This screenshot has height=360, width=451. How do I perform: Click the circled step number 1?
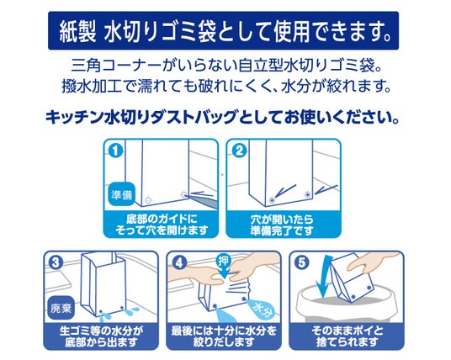115,150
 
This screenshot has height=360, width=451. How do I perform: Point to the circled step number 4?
179,262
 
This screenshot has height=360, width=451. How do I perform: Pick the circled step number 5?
302,262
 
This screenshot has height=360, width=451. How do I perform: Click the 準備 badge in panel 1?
121,194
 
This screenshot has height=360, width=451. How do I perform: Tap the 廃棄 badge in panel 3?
61,308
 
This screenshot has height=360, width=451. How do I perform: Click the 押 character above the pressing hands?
223,261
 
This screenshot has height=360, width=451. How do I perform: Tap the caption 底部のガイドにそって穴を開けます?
162,225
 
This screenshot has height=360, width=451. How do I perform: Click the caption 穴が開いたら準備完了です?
282,225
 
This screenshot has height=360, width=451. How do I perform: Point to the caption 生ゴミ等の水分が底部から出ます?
101,336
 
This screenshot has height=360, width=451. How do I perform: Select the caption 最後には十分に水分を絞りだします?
224,336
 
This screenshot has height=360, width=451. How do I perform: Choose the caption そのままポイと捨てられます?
348,336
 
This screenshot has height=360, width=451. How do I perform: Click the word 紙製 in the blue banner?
77,31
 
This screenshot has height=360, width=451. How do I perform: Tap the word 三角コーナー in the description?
115,66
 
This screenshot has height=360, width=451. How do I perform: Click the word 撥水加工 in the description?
91,87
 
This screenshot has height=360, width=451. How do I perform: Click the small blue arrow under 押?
223,272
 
